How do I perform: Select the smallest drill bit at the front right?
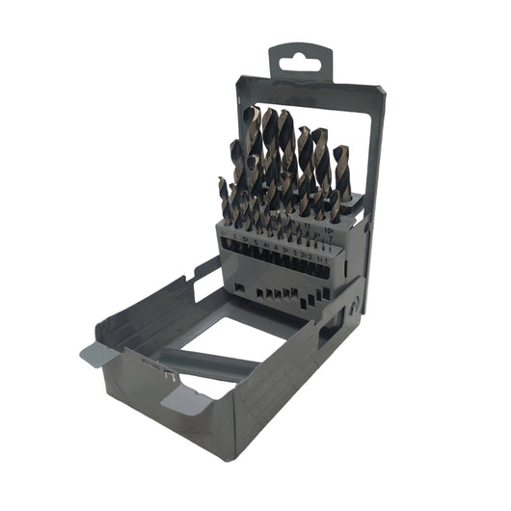click(x=330, y=253)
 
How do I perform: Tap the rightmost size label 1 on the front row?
click(x=327, y=260)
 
